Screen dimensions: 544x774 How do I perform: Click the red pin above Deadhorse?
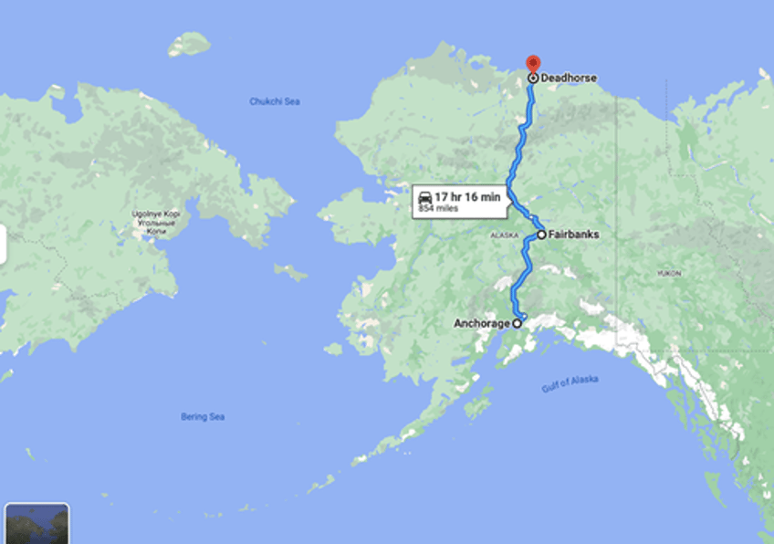533,64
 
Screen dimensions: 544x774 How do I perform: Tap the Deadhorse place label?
569,78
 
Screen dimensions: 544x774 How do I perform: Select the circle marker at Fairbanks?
541,235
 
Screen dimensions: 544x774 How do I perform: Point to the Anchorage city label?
482,323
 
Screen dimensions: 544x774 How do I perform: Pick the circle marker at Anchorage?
517,323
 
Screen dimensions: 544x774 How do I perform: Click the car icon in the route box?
424,198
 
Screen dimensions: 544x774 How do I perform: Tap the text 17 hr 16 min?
467,197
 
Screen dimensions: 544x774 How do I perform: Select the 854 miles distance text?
438,209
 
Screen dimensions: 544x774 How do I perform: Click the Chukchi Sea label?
275,101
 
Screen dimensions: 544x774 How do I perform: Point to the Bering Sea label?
203,417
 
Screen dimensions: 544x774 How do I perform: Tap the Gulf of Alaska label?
570,383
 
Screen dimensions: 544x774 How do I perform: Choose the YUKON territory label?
669,273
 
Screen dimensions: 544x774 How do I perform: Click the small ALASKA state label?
504,235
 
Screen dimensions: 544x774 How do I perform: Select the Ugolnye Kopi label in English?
156,214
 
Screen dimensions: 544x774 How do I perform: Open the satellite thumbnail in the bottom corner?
37,524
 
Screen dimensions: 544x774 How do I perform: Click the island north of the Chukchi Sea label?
190,43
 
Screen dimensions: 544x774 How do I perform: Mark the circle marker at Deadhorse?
533,78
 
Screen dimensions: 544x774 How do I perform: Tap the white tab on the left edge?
3,245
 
